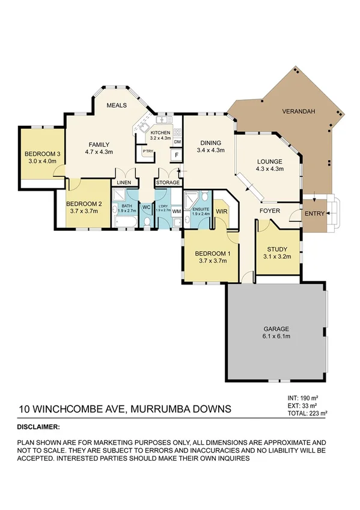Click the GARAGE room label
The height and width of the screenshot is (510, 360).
point(276,329)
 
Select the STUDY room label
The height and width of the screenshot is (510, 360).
point(277,248)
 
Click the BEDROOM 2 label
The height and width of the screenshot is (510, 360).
point(85,204)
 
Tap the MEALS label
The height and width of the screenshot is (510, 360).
point(116,105)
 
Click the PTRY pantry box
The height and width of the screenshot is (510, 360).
point(147,152)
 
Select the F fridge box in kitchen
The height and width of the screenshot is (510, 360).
point(176,155)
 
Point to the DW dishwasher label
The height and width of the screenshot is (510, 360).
point(177,141)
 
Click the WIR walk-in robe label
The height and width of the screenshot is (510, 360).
point(221,212)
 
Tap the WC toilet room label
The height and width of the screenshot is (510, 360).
point(146,208)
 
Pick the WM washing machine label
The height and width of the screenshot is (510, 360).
point(176,211)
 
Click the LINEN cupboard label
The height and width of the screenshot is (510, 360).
point(124,182)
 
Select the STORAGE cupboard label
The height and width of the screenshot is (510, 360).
point(168,182)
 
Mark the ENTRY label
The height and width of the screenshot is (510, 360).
point(315,214)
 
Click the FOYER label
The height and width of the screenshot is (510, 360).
point(270,211)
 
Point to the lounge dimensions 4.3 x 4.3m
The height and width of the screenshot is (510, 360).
point(269,169)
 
